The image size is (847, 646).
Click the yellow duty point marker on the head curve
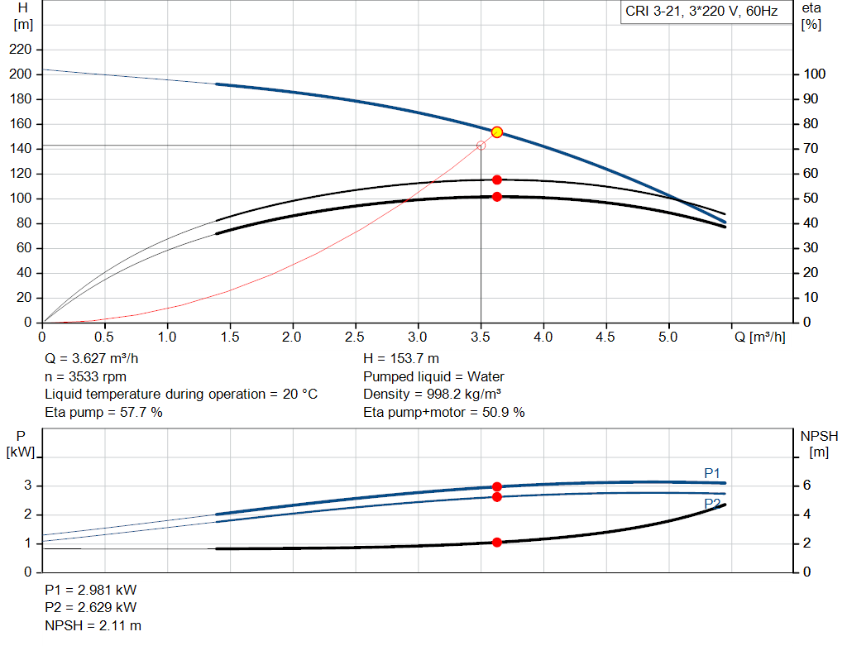[x=497, y=132]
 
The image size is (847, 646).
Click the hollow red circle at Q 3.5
[x=481, y=146]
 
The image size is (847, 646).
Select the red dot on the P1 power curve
[x=497, y=486]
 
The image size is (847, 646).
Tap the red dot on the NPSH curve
[x=497, y=543]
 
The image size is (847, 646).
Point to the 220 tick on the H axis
[x=21, y=50]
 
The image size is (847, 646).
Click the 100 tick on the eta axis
[x=815, y=74]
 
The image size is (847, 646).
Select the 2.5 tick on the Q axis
[x=355, y=337]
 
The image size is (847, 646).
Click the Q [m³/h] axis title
[x=760, y=337]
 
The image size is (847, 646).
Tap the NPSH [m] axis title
[x=819, y=444]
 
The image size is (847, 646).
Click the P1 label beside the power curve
[x=712, y=474]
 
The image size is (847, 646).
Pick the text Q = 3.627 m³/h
[x=91, y=359]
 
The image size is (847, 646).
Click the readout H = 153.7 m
[x=401, y=359]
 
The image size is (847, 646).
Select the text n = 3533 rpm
[x=85, y=376]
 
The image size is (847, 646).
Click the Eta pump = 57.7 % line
[x=103, y=412]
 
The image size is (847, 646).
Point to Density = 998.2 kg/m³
[x=432, y=395]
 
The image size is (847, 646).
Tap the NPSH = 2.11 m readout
[x=93, y=625]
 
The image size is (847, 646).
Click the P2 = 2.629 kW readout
[x=91, y=608]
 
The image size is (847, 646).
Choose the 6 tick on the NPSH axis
[x=807, y=485]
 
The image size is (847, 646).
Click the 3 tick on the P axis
[x=27, y=485]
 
